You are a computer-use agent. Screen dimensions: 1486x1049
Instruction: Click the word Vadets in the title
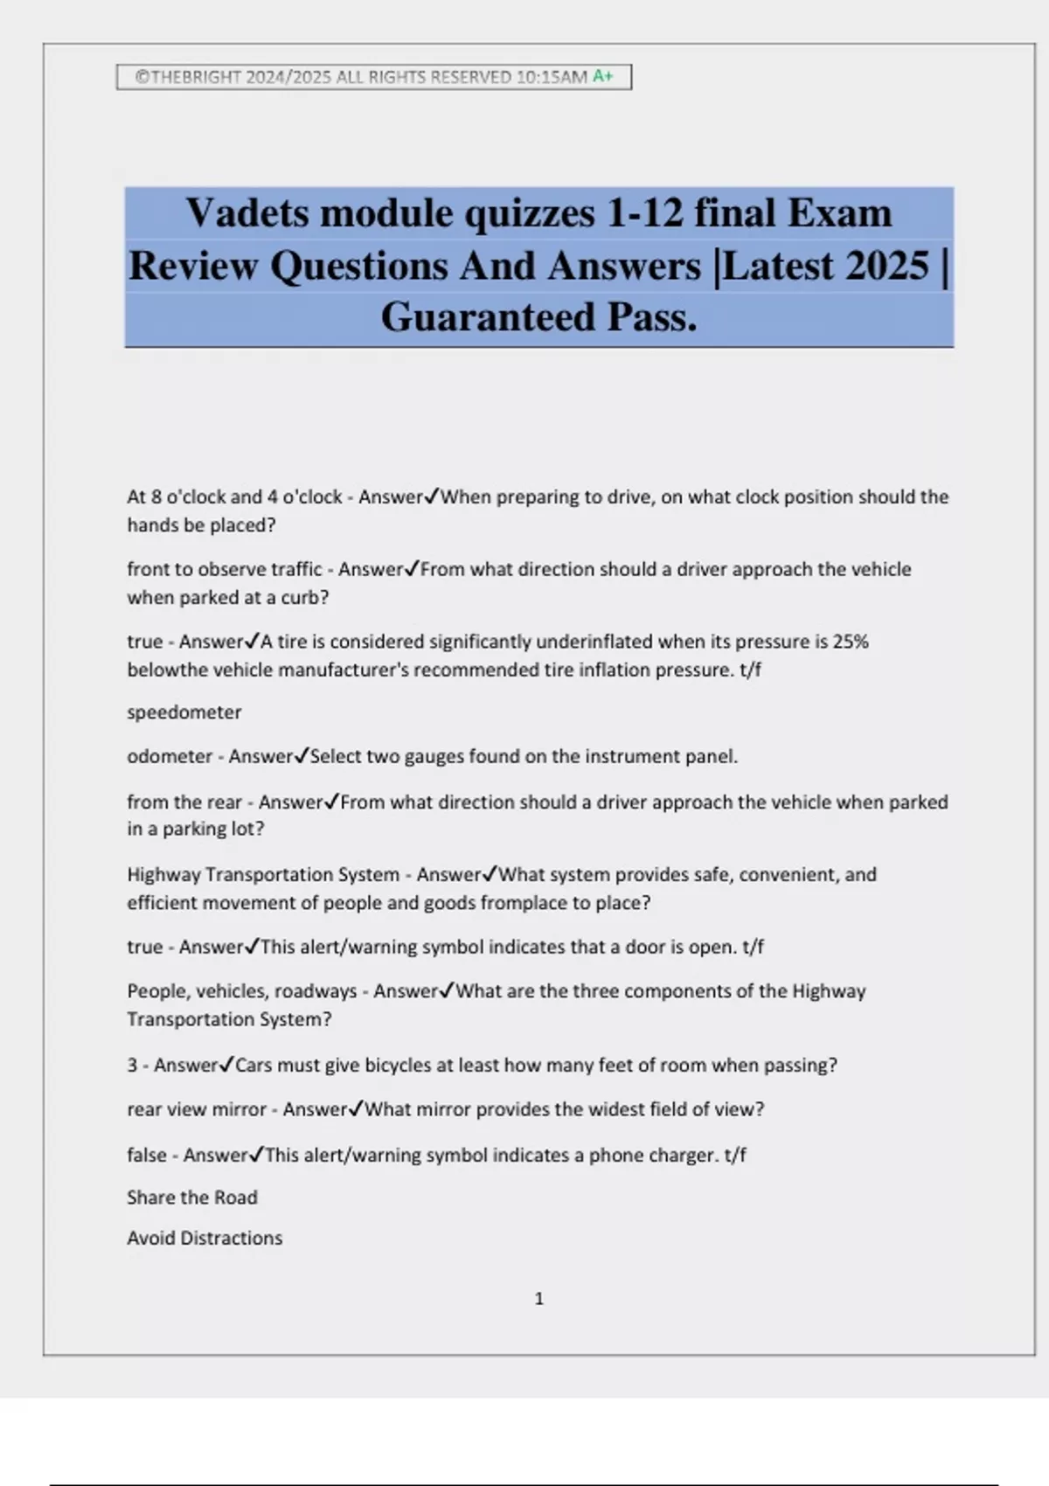point(247,213)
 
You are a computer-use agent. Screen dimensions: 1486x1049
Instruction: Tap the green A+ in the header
point(603,76)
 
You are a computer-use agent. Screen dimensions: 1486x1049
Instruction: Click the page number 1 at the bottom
point(538,1299)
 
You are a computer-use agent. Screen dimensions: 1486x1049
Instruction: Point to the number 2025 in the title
point(877,266)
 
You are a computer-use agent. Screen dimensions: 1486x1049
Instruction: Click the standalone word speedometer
point(184,712)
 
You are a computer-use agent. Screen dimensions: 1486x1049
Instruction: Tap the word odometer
point(170,756)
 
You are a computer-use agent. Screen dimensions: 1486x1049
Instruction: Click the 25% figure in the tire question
point(851,642)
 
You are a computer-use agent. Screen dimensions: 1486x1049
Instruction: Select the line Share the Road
point(192,1198)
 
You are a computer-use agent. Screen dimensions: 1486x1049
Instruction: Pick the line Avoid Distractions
point(205,1238)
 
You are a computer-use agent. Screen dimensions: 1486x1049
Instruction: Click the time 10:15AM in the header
point(552,77)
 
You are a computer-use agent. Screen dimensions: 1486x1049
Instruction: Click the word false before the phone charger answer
point(146,1155)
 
